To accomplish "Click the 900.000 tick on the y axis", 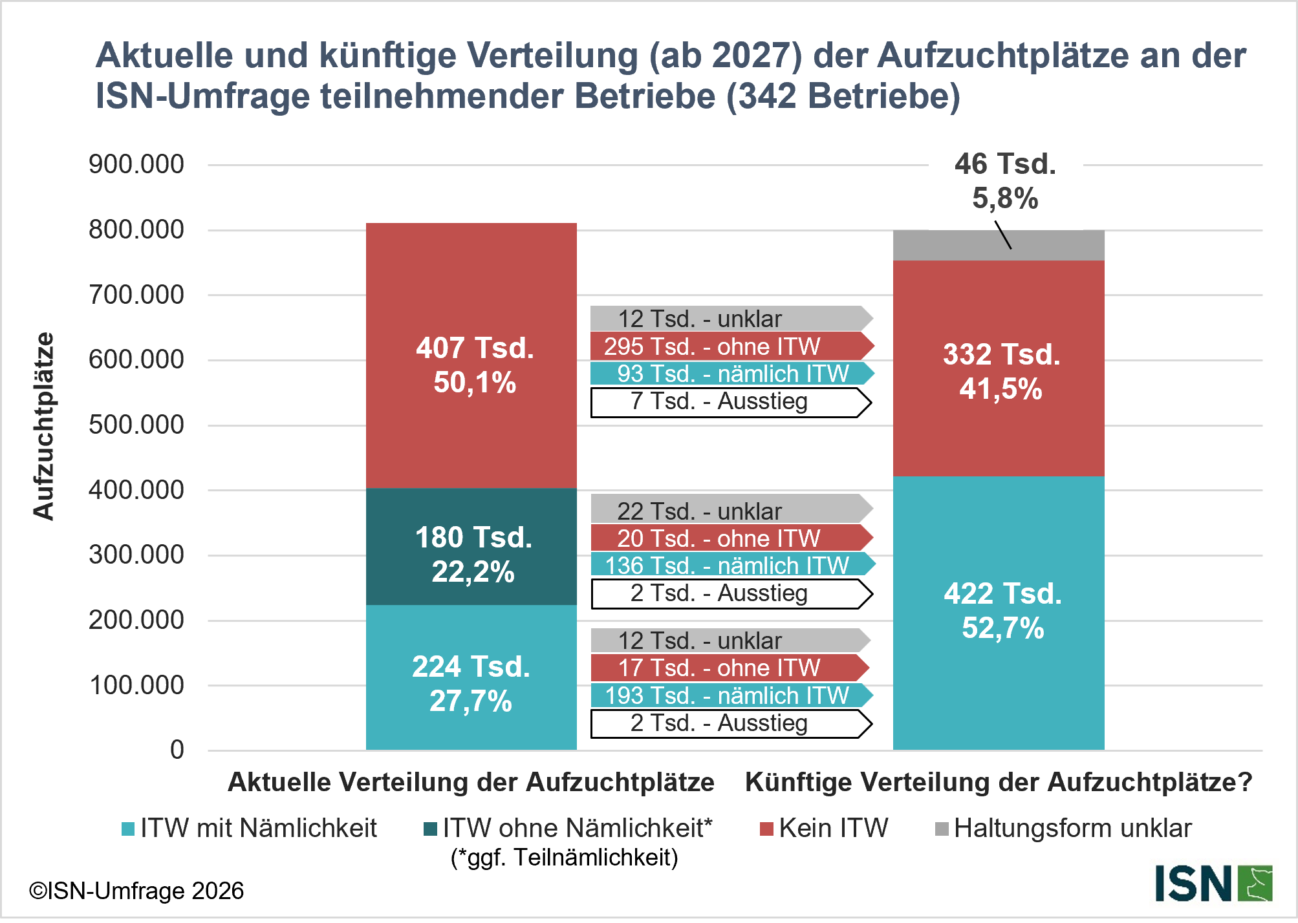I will point(136,164).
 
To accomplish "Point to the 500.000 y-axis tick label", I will point(136,425).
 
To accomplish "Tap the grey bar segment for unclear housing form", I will point(999,246).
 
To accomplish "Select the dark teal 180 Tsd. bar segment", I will point(471,547).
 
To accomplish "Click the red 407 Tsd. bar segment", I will point(471,355).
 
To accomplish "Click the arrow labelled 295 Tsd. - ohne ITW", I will point(731,346).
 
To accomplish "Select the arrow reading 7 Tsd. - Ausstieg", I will point(731,402).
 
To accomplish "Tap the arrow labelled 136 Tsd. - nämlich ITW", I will point(731,566).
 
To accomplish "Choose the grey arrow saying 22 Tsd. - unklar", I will point(731,511).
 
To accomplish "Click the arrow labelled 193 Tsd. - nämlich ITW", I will point(731,695).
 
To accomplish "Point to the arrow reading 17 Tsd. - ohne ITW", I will point(731,668).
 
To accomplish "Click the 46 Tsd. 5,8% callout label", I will point(1005,181).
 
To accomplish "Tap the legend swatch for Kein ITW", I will point(766,829).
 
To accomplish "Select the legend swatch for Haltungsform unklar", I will point(942,829).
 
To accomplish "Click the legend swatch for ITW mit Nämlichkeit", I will point(128,829).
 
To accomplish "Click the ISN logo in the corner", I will point(1213,884).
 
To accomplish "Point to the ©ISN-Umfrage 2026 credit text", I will point(136,891).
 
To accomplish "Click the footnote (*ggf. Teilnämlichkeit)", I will point(564,857).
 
